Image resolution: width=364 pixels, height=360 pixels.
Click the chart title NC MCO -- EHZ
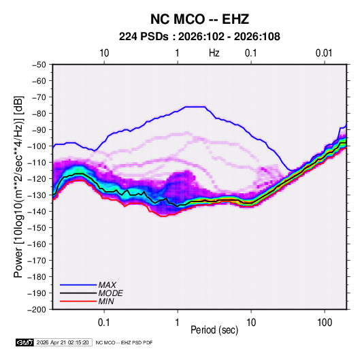199,19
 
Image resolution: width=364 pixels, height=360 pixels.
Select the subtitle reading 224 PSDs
144,37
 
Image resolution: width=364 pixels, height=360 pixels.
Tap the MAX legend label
107,284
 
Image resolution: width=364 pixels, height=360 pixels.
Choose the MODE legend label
110,293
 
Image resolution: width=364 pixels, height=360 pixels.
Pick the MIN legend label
106,301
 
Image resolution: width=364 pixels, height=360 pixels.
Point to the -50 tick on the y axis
39,65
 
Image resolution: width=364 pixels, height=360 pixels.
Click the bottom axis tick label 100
325,323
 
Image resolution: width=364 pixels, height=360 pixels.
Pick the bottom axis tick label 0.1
104,323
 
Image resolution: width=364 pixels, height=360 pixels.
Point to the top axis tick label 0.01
324,53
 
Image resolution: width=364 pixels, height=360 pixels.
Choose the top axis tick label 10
104,53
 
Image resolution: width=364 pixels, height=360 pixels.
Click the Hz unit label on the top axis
214,53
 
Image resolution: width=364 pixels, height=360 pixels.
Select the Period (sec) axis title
214,330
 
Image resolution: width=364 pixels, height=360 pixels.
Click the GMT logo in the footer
24,342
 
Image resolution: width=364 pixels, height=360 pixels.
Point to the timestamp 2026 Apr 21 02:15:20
63,342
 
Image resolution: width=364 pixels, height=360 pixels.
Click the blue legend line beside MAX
78,285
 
